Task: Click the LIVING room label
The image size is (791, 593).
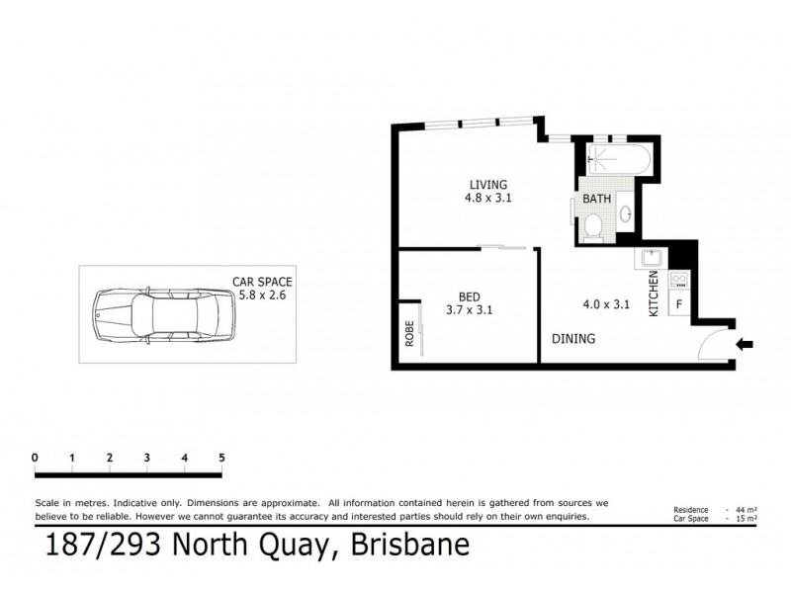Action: pos(487,185)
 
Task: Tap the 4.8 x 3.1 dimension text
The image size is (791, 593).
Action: pos(487,198)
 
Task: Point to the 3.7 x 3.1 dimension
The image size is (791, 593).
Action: pos(469,309)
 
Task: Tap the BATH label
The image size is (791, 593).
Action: pos(597,199)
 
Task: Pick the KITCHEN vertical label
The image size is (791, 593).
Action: pos(653,294)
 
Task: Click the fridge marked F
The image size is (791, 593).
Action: pos(679,304)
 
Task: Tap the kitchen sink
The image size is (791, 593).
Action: pos(651,260)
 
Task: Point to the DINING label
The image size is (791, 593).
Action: pos(573,338)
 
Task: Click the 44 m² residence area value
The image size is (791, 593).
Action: pos(744,509)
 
